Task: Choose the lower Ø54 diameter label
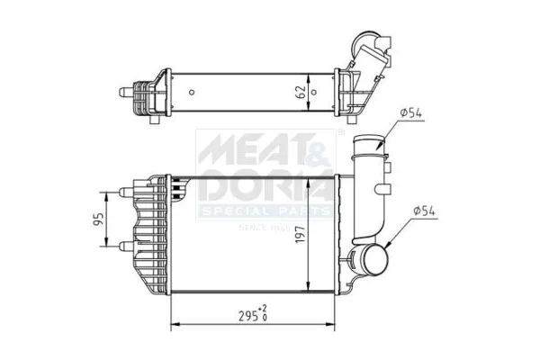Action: click(426, 211)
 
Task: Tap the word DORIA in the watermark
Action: click(264, 186)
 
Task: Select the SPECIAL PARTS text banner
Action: click(265, 211)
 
